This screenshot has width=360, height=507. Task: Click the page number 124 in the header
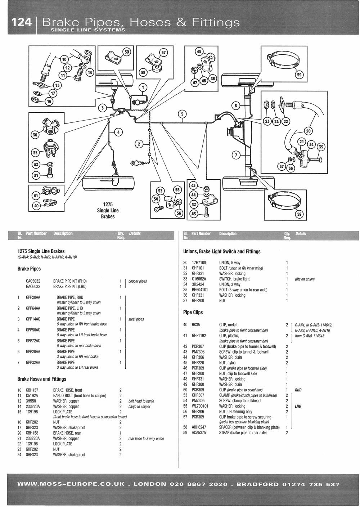point(21,22)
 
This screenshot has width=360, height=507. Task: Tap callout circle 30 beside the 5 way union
point(35,135)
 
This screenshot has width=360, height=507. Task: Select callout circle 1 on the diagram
point(143,88)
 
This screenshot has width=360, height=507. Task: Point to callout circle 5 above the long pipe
point(183,114)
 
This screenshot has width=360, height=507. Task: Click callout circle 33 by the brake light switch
point(35,153)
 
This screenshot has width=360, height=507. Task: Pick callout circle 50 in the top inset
point(127,52)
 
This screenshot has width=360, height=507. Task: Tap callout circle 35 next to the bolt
point(321,147)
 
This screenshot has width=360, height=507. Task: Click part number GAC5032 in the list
point(33,281)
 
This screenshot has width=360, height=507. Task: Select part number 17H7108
point(199,263)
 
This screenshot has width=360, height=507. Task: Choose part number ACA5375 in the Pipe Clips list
point(199,433)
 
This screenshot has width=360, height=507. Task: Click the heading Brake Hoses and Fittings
point(42,379)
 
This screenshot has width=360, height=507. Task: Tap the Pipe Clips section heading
point(193,312)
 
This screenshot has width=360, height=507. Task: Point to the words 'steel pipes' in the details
point(136,319)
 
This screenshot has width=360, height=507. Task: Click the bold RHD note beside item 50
point(298,390)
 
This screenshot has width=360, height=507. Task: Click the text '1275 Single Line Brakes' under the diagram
point(108,211)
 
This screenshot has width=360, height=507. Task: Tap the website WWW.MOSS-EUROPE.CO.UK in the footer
point(71,484)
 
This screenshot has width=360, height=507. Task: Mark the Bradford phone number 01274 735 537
point(311,484)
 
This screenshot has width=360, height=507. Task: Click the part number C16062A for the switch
point(199,279)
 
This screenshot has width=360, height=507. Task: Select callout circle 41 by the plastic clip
point(36,195)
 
